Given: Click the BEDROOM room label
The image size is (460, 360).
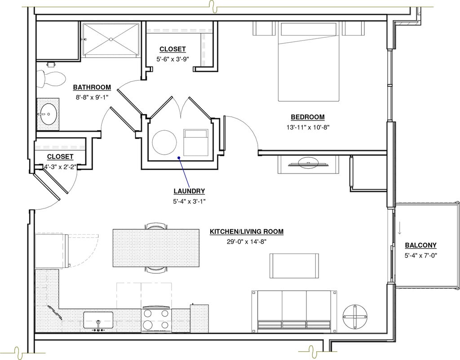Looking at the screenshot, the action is (308, 117).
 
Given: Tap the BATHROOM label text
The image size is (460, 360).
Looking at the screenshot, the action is (92, 87).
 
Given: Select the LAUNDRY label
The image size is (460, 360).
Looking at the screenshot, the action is (189, 191).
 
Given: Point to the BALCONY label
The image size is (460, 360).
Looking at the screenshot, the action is (420, 245).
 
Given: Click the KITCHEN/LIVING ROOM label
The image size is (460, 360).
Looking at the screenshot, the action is (247, 231).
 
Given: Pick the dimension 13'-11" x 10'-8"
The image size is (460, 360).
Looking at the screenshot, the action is (308, 127).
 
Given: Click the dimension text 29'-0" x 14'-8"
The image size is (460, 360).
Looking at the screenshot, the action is (247, 242).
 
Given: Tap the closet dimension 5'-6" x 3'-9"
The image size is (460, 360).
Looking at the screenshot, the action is (172, 59).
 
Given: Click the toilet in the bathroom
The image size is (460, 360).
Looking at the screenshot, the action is (52, 78).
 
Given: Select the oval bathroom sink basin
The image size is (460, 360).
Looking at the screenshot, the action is (48, 114).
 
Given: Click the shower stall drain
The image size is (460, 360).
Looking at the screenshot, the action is (111, 39).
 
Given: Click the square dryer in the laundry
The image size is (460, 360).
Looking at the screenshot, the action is (196, 142).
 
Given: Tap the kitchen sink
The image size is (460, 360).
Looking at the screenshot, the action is (98, 320).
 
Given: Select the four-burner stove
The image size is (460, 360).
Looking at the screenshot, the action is (156, 320).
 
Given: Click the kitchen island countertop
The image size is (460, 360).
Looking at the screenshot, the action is (156, 248).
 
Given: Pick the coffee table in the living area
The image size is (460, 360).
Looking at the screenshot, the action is (294, 266).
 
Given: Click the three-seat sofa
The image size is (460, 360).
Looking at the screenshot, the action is (294, 310).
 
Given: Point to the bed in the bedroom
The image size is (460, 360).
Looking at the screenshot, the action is (309, 62).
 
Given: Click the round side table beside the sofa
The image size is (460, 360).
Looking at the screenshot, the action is (355, 317).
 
